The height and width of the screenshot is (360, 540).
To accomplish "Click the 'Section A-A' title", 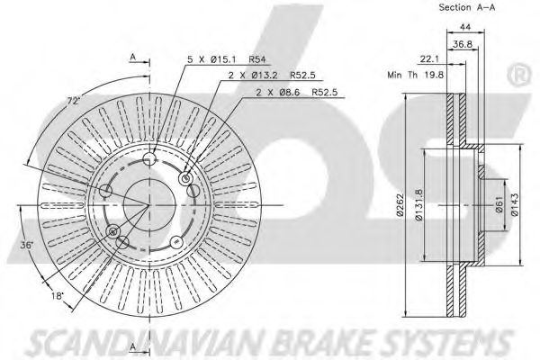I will (466, 7).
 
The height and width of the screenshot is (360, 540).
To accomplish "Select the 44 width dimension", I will (466, 28).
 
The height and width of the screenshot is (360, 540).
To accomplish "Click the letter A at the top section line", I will (132, 55).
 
